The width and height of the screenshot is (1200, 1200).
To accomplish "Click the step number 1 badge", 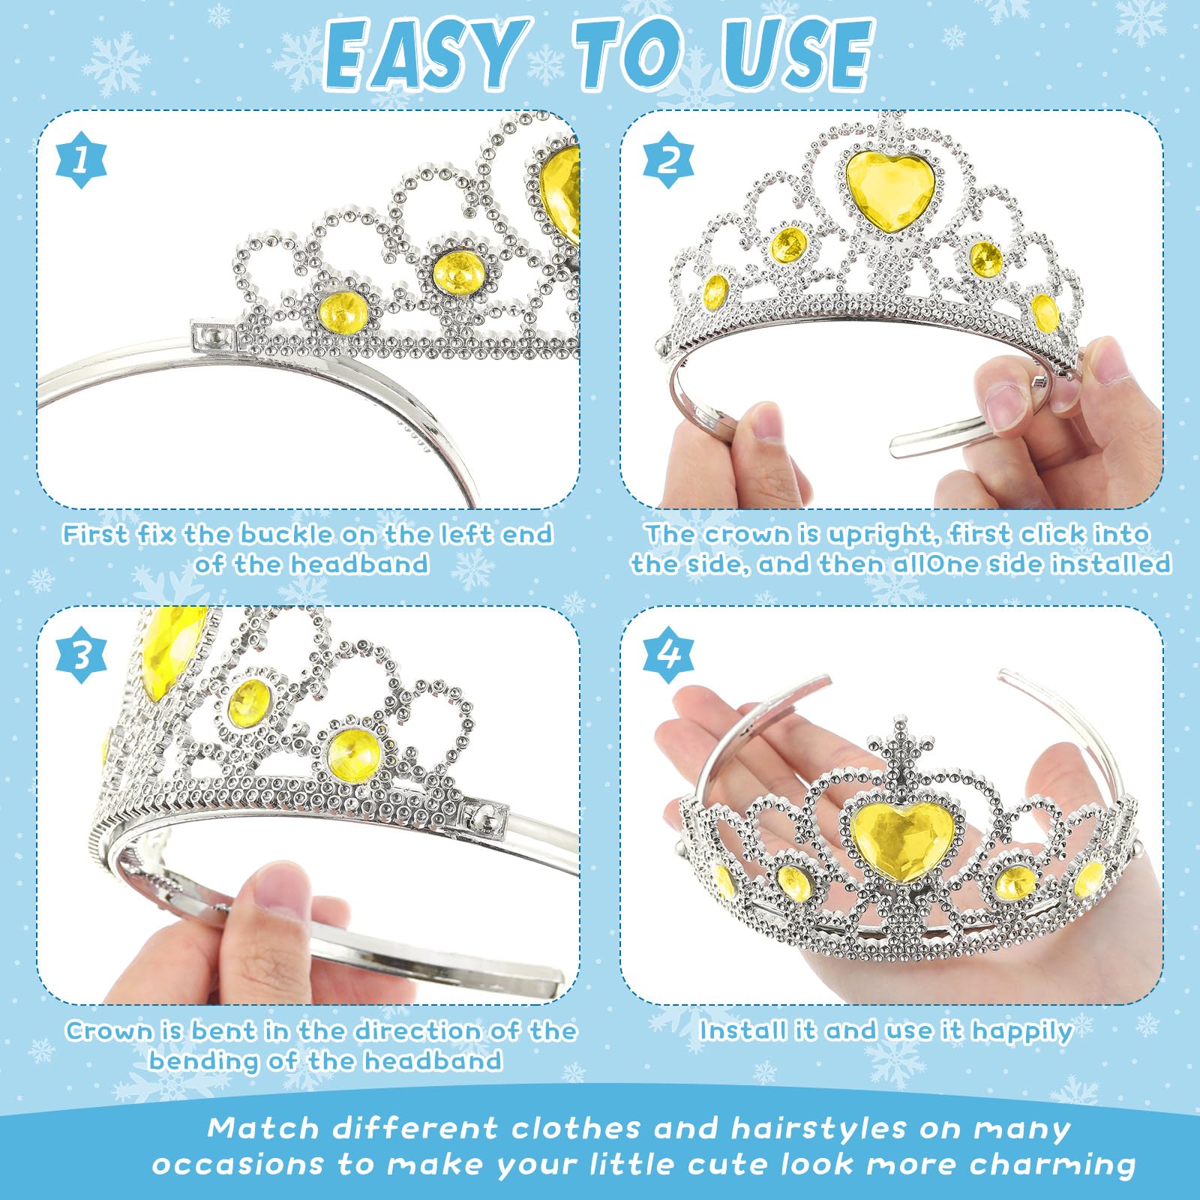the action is tap(82, 160).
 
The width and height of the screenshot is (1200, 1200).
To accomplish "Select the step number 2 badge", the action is tap(668, 160).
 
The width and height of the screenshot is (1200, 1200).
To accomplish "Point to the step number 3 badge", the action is tap(82, 655).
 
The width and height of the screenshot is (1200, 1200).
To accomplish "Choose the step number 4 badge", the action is tap(668, 655).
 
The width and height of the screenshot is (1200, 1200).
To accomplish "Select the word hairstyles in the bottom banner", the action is tap(819, 1129).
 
